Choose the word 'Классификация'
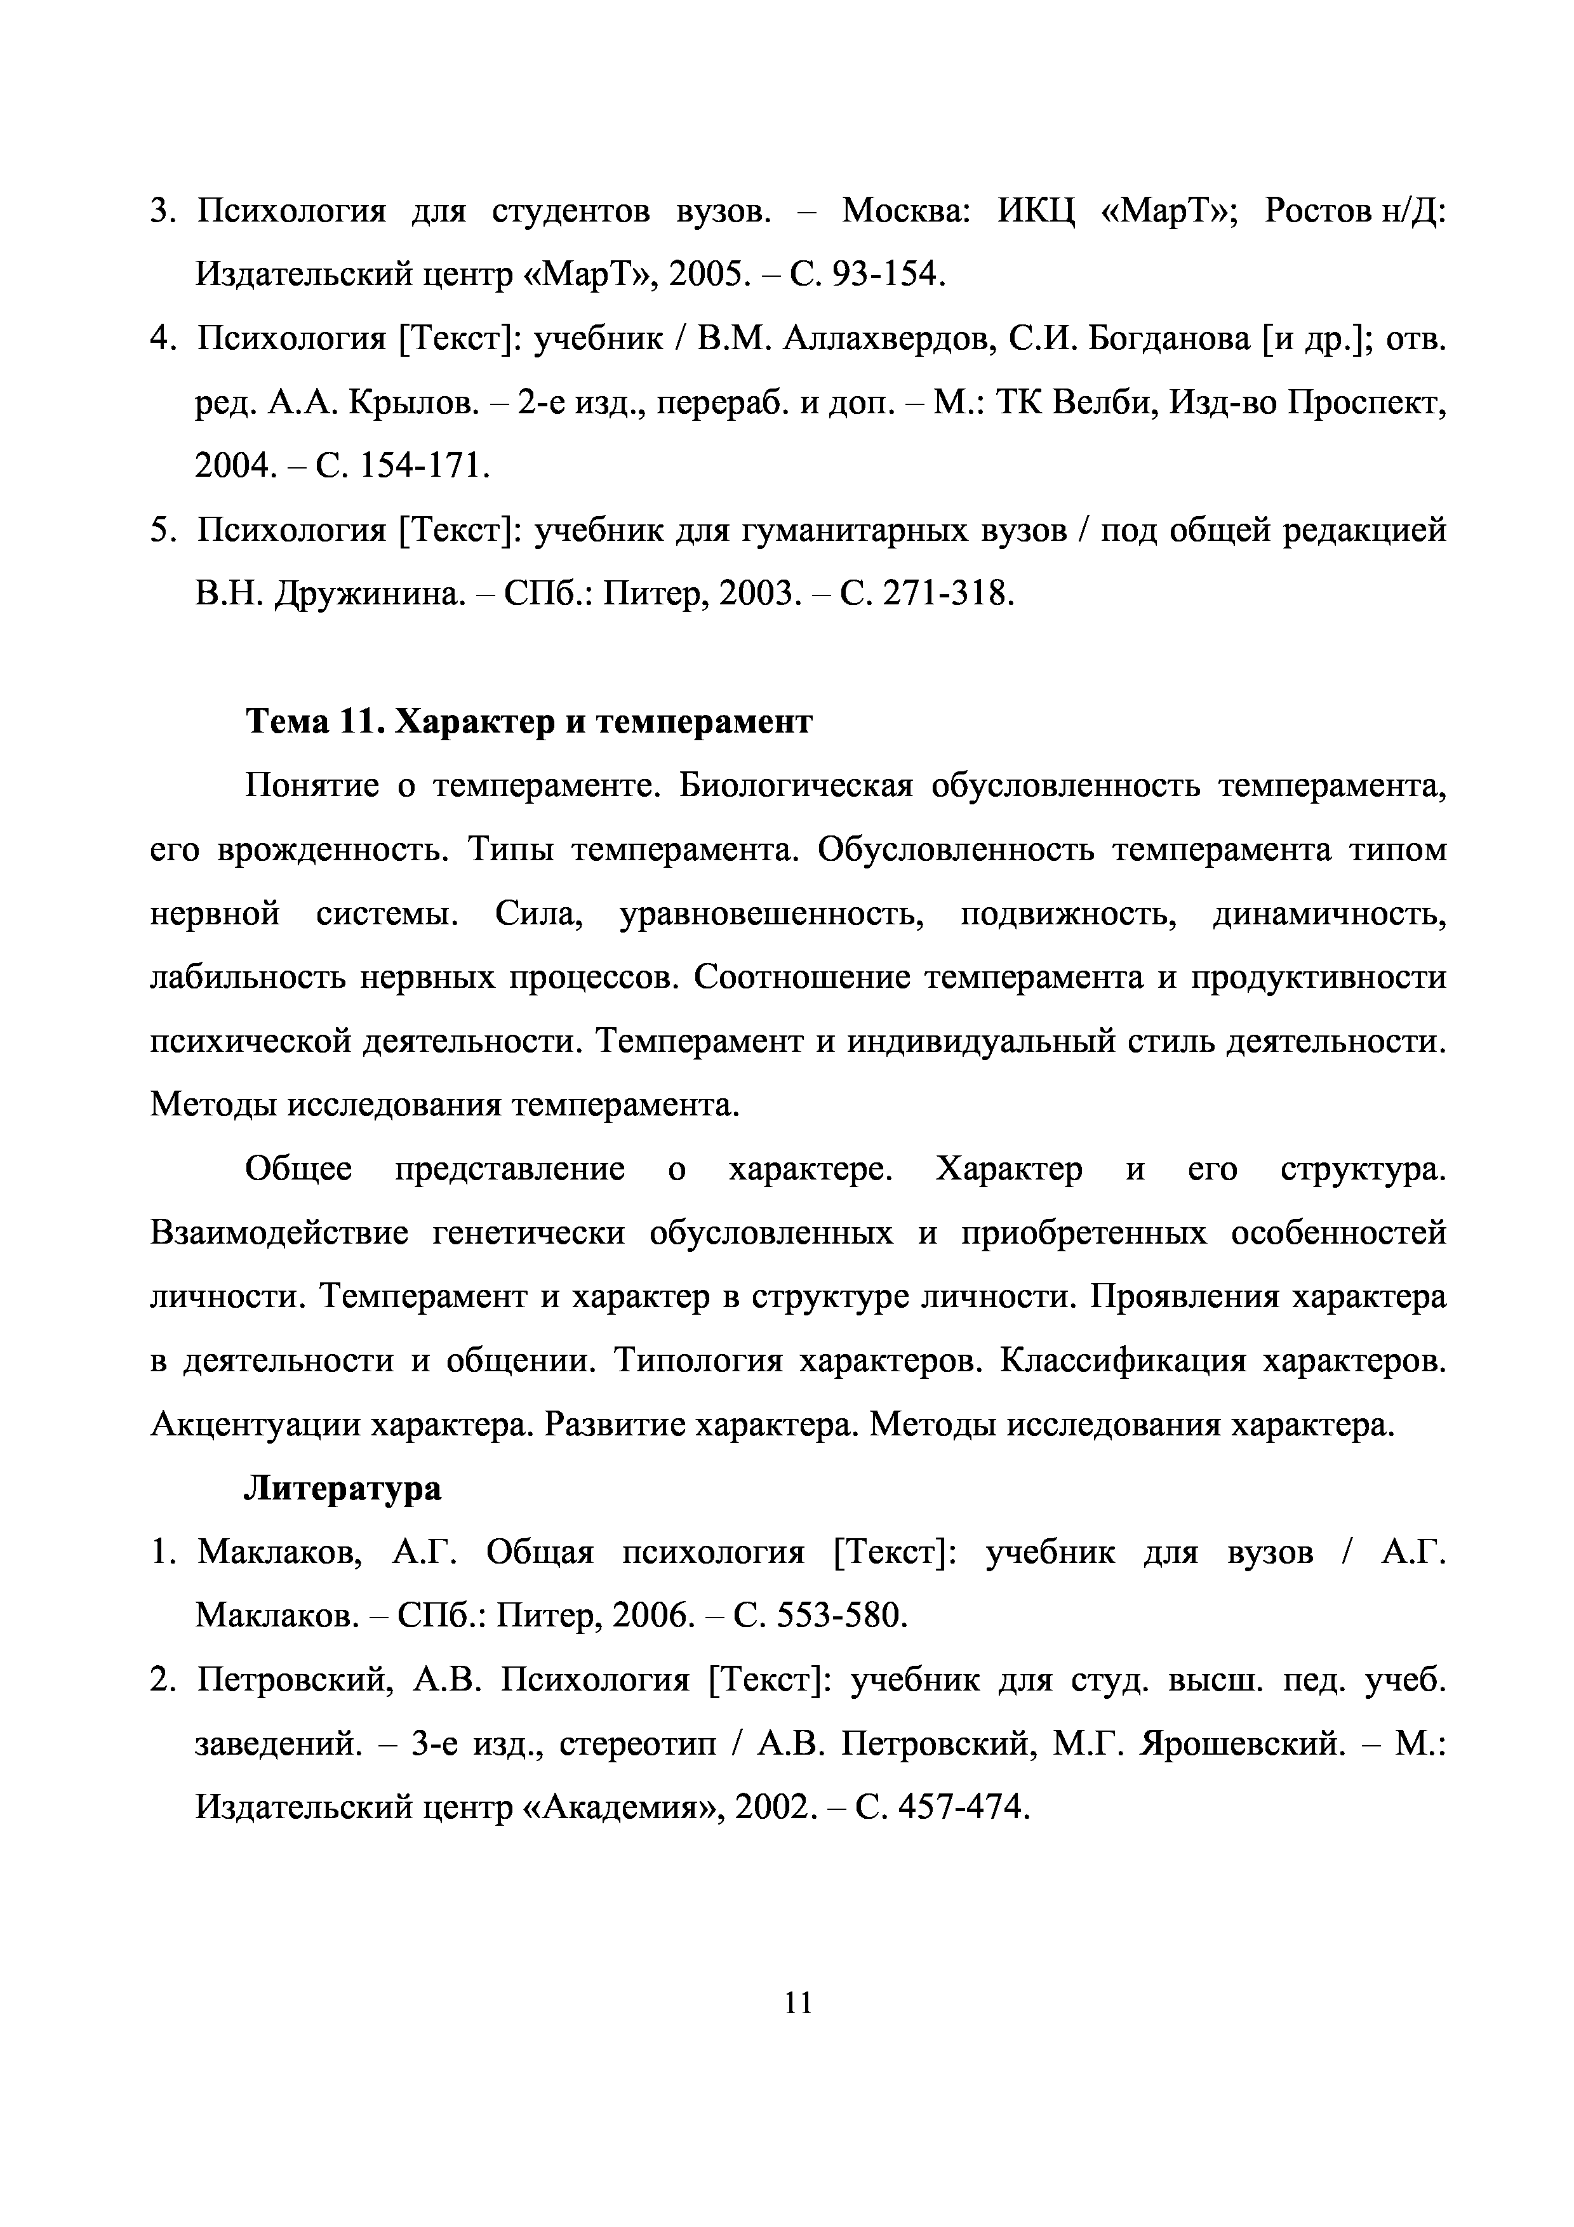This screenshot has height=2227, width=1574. pos(1123,1361)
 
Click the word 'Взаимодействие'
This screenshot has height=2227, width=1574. pos(279,1233)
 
